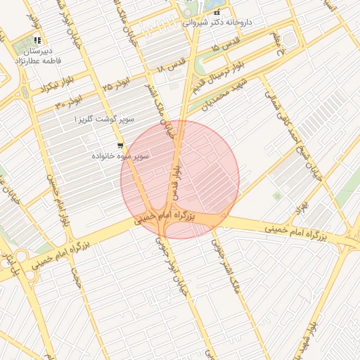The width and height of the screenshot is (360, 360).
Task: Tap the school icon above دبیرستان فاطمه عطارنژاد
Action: pos(37,40)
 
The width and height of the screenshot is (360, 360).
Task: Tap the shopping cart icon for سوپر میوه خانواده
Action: pos(120,146)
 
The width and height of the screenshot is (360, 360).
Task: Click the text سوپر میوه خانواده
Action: pos(122,156)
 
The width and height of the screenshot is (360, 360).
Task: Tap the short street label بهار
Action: pos(302,207)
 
